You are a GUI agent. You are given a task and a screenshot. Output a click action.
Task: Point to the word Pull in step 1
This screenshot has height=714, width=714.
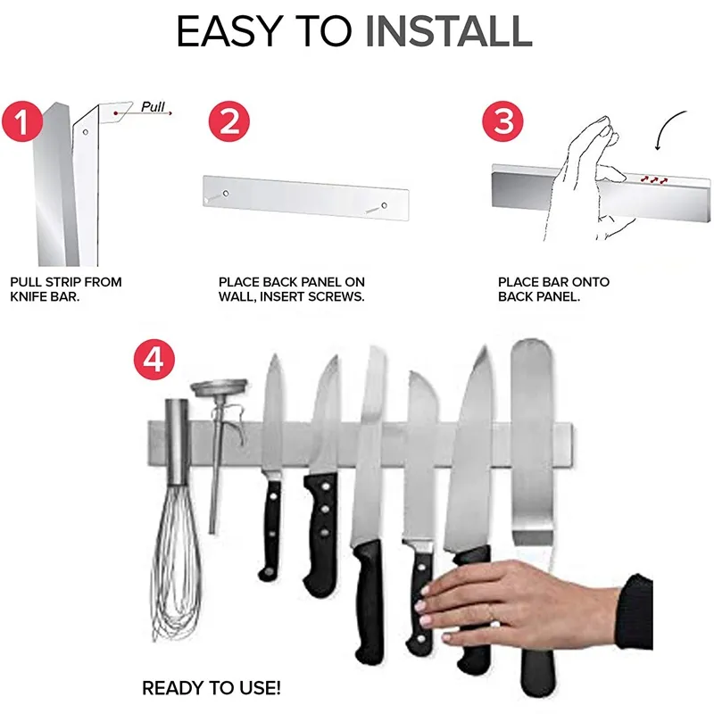[154, 106]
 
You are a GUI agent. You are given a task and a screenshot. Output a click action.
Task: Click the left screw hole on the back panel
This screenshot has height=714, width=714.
[225, 194]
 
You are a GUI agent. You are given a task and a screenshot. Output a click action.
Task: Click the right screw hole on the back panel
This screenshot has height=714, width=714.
[385, 205]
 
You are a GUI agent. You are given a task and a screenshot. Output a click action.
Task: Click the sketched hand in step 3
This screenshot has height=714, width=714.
[580, 178]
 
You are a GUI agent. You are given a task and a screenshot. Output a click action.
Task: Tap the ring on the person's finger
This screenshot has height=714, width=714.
[489, 614]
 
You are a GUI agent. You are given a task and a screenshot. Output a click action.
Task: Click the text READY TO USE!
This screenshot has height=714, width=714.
[212, 688]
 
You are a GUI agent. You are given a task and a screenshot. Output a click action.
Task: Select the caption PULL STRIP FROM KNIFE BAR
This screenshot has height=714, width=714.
[66, 288]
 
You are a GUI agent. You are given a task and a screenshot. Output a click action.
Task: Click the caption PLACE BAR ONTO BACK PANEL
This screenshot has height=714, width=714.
[553, 288]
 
